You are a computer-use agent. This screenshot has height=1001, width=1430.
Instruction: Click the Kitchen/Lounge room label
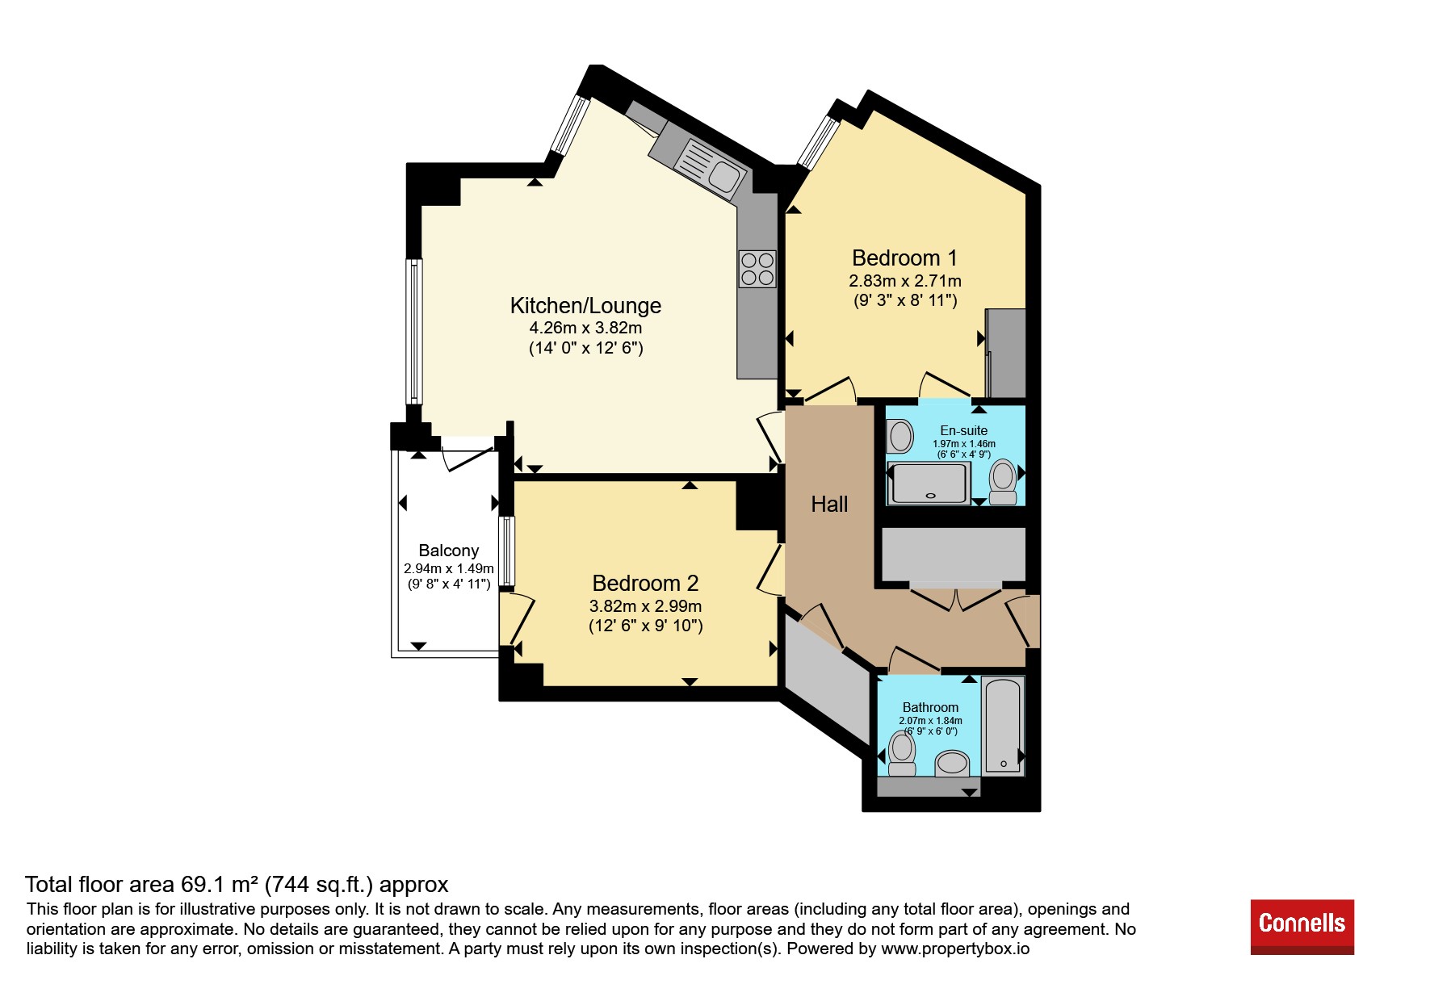[585, 306]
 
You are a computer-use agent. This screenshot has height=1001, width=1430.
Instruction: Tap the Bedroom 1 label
[904, 258]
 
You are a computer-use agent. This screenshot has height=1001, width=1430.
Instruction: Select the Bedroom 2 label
[645, 584]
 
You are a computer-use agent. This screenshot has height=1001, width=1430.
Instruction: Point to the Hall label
[829, 505]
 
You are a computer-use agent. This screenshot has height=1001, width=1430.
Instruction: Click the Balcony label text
[449, 551]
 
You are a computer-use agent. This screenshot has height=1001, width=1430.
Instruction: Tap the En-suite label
[963, 431]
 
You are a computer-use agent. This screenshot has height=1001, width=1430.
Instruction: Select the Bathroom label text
[930, 708]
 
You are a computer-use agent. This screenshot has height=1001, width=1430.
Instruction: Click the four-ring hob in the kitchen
[757, 269]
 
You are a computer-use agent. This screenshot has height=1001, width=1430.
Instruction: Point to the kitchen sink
[709, 169]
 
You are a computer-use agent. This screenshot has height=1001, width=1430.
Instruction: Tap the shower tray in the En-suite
[929, 483]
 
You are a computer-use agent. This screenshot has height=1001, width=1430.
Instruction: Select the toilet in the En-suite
[1003, 482]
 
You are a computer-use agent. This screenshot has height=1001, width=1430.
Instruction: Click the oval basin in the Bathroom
[953, 764]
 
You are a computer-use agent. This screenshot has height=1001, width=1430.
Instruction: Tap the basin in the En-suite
[900, 437]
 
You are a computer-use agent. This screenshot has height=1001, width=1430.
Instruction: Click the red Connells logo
[1302, 927]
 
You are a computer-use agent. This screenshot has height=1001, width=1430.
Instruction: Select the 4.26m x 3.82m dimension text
[585, 329]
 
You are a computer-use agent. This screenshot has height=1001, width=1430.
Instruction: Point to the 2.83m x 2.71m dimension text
[905, 282]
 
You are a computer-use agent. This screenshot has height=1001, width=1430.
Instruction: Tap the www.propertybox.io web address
[955, 949]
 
